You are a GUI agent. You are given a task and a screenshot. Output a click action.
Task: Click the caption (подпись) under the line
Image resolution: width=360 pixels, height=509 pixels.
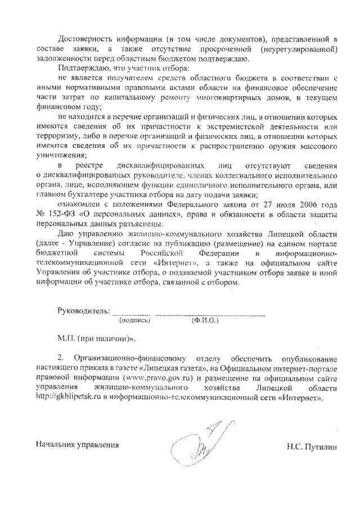click(x=134, y=320)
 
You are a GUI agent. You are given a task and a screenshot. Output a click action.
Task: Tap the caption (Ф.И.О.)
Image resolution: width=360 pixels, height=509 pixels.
click(x=205, y=320)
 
